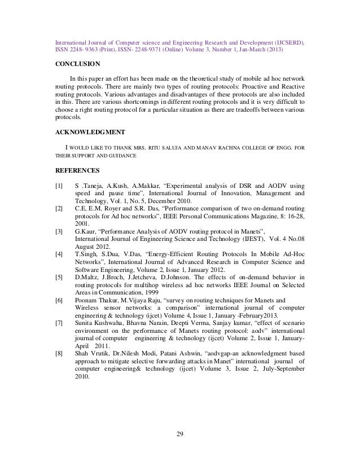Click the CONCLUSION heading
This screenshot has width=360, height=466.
(77, 63)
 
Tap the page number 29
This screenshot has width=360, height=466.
(180, 433)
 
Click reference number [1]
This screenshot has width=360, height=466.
(59, 186)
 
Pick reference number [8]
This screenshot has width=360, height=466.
(59, 353)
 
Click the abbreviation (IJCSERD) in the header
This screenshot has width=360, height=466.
(287, 42)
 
